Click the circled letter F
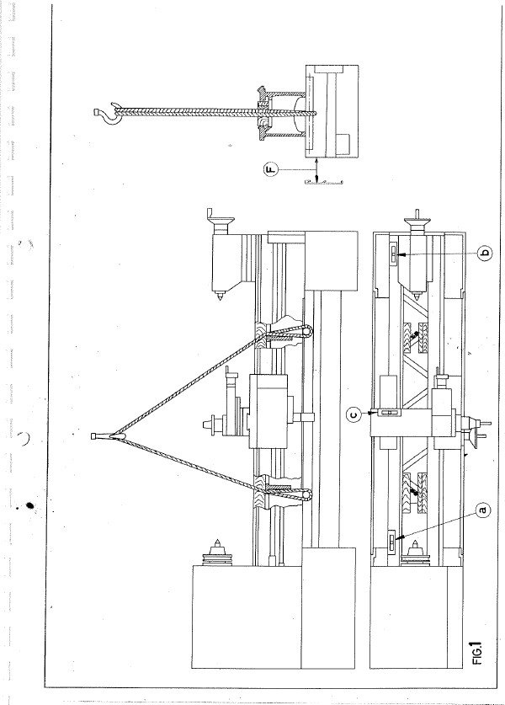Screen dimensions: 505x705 click(x=272, y=169)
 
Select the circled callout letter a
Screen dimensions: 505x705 click(x=483, y=510)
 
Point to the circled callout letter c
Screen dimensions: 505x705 click(x=354, y=414)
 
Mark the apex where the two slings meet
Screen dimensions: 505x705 click(x=114, y=435)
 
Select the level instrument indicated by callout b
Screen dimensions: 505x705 click(x=392, y=254)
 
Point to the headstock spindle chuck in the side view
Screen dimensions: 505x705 click(x=217, y=552)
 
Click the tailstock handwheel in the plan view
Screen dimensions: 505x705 click(x=414, y=222)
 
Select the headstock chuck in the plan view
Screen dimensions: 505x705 click(x=414, y=553)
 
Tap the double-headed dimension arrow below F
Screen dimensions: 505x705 click(x=316, y=169)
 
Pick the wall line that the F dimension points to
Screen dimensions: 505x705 click(x=323, y=182)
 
